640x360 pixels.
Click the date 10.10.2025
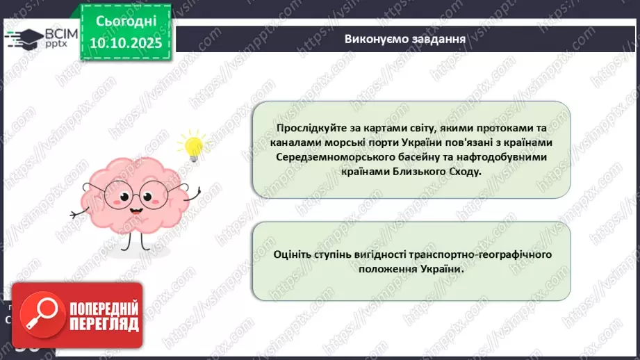(x=126, y=43)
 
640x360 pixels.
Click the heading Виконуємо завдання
(x=404, y=38)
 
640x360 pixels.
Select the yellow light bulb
(x=190, y=146)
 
